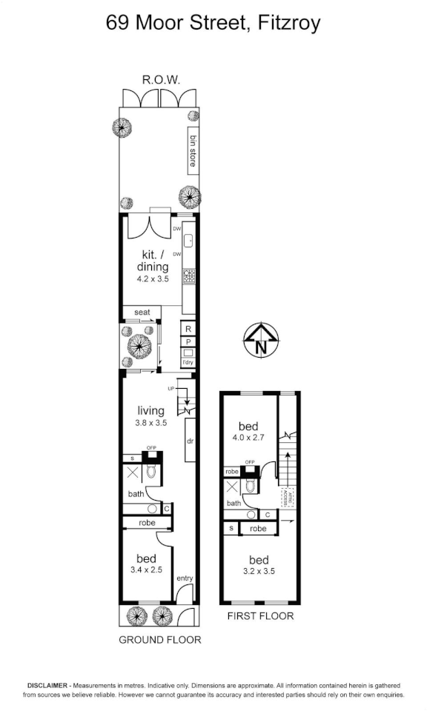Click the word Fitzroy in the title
click(x=290, y=23)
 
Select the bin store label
click(x=191, y=150)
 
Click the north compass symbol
click(x=260, y=341)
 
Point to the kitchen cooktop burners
click(x=188, y=276)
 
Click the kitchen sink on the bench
click(x=188, y=240)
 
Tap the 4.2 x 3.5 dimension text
click(x=153, y=280)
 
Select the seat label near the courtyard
click(x=142, y=313)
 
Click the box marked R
click(x=188, y=329)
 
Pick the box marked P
click(x=188, y=341)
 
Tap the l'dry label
click(x=188, y=362)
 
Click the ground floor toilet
click(x=152, y=471)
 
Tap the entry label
click(x=185, y=578)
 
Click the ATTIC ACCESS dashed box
click(x=285, y=495)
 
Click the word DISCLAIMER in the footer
click(x=49, y=686)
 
